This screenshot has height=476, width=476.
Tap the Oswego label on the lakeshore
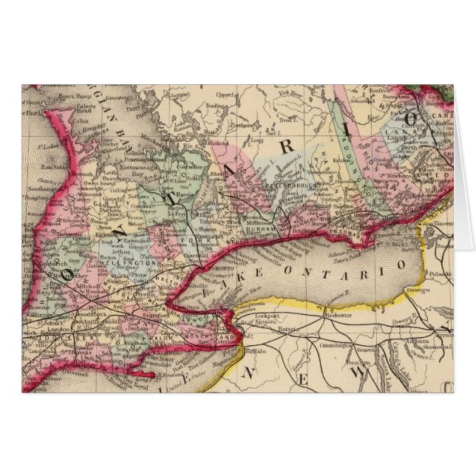(x=413, y=289)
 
